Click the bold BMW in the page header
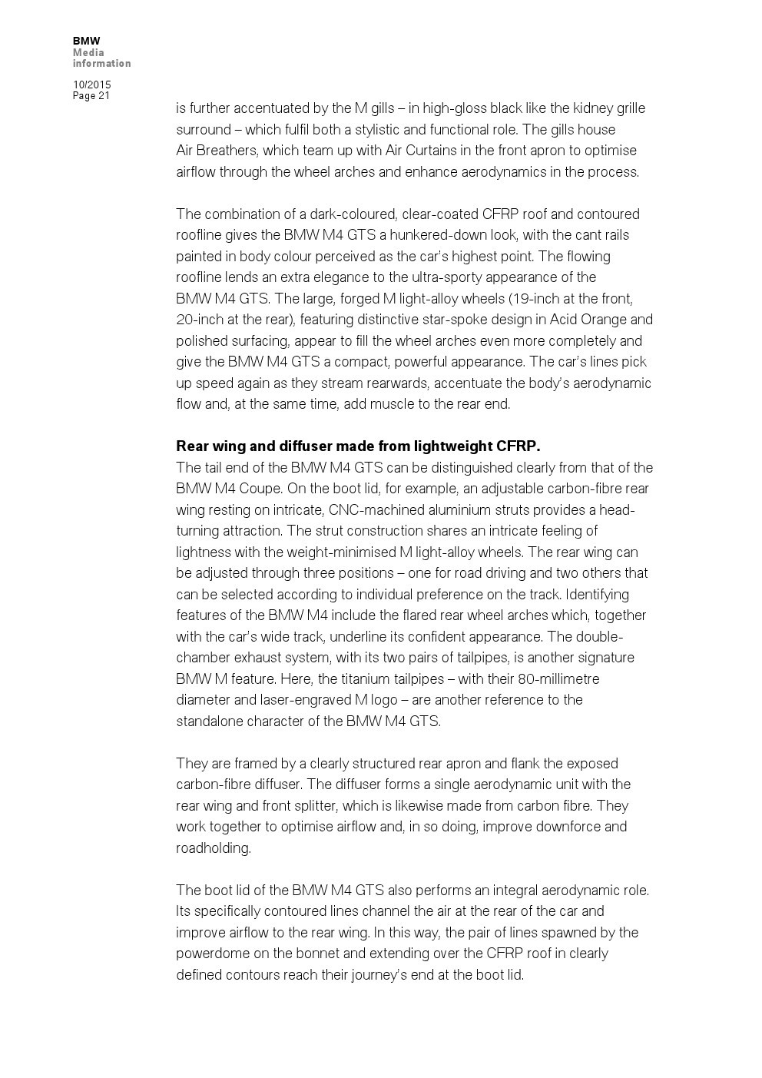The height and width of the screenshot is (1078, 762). click(86, 41)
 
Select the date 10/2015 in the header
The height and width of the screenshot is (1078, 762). click(91, 85)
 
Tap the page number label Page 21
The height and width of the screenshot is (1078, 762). click(91, 96)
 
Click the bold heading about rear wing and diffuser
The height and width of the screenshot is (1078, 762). click(358, 446)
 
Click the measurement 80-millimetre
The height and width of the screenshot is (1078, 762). click(558, 679)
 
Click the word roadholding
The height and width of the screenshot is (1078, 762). click(213, 848)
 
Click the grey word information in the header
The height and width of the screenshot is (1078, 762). click(101, 64)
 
